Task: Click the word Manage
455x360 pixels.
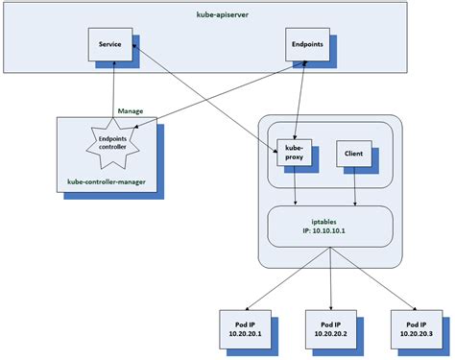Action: pyautogui.click(x=131, y=111)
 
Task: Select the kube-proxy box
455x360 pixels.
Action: pyautogui.click(x=292, y=154)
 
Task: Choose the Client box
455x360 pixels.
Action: pyautogui.click(x=351, y=154)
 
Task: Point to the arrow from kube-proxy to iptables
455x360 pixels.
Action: pyautogui.click(x=295, y=187)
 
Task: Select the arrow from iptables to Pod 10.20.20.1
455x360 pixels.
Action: pyautogui.click(x=289, y=278)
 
